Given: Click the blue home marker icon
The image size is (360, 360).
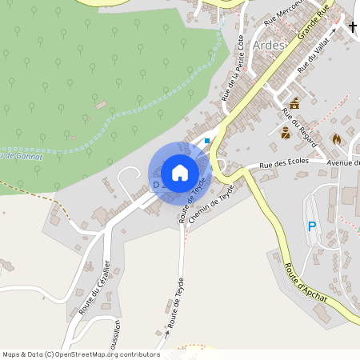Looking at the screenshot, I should click(180, 173).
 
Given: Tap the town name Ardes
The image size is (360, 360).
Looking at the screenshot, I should click(269, 45).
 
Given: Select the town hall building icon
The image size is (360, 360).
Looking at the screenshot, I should click(294, 103).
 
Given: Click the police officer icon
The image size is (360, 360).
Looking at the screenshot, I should click(285, 132).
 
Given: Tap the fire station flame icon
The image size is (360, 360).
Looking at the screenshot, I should click(337, 138).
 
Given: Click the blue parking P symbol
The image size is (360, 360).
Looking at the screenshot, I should click(312, 227).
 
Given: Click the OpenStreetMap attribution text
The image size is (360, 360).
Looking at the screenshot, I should click(82, 354).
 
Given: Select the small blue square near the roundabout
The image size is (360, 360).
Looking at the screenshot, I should click(207, 141).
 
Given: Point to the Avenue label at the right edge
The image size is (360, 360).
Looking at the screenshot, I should click(343, 163).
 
